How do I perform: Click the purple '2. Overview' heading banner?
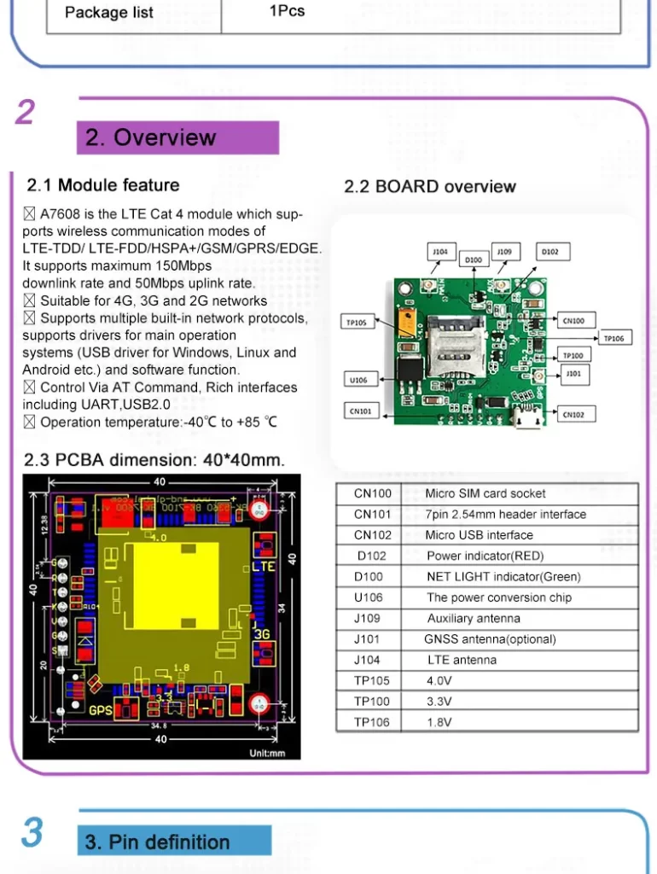coord(177,138)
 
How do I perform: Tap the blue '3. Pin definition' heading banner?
coord(174,842)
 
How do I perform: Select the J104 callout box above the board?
coord(439,252)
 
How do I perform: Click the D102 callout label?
coord(550,252)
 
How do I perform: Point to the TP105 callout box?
coord(357,323)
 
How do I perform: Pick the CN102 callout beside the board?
coord(573,415)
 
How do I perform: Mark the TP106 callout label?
coord(614,339)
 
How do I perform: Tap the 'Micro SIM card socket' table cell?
coord(485,493)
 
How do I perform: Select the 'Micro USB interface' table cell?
coord(479,535)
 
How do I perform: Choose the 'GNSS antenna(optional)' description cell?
coord(490,639)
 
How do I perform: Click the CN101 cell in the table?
coord(373,515)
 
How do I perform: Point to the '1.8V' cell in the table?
coord(439,722)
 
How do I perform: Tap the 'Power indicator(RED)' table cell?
coord(485,556)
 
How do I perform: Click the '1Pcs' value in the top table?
coord(287,11)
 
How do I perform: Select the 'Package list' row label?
coord(109,12)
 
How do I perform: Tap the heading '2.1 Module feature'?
coord(103,185)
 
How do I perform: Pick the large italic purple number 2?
coord(26,112)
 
